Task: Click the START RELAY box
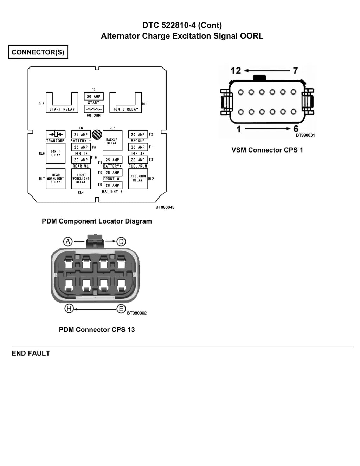pyautogui.click(x=62, y=109)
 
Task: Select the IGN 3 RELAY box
pyautogui.click(x=126, y=109)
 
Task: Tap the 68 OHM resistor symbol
pyautogui.click(x=94, y=109)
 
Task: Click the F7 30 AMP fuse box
pyautogui.click(x=94, y=96)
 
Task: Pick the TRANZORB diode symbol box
pyautogui.click(x=56, y=135)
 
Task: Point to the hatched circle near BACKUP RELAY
pyautogui.click(x=97, y=135)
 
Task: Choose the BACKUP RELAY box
pyautogui.click(x=112, y=141)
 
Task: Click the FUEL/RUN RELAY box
pyautogui.click(x=138, y=179)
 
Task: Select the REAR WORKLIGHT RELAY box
pyautogui.click(x=56, y=179)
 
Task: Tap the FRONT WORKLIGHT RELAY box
pyautogui.click(x=81, y=179)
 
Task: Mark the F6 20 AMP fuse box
pyautogui.click(x=112, y=185)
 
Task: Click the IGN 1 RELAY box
pyautogui.click(x=56, y=153)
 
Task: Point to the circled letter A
pyautogui.click(x=68, y=241)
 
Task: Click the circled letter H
pyautogui.click(x=69, y=309)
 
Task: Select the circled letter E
pyautogui.click(x=121, y=309)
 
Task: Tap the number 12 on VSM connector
pyautogui.click(x=236, y=71)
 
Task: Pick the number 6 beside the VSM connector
pyautogui.click(x=296, y=129)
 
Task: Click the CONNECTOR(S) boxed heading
pyautogui.click(x=38, y=52)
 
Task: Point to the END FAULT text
pyautogui.click(x=31, y=353)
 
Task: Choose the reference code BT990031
pyautogui.click(x=305, y=135)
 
